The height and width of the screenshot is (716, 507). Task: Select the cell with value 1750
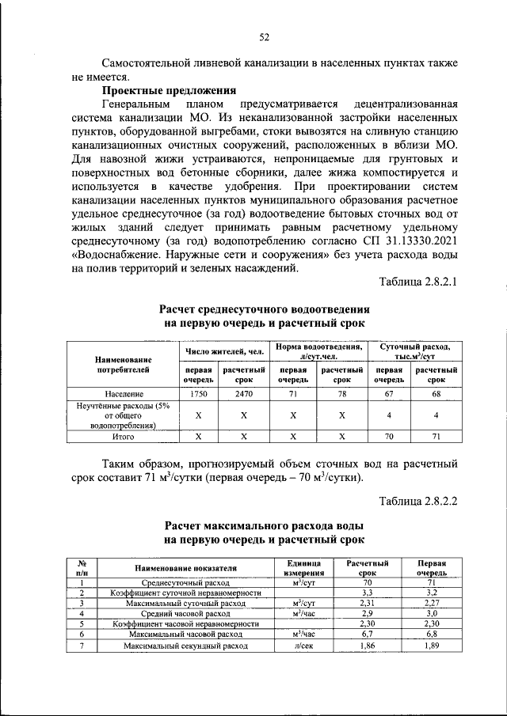coord(199,392)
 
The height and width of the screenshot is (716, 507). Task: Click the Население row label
coord(123,392)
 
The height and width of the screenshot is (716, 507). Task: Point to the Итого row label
coord(123,436)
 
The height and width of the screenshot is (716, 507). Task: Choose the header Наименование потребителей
coord(123,364)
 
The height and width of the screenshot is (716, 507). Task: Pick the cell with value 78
coord(342,392)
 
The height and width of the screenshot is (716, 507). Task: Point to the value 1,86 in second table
coord(367,646)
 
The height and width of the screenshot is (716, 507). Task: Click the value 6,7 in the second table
coord(367,635)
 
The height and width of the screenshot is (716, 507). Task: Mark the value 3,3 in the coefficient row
coord(367,593)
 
